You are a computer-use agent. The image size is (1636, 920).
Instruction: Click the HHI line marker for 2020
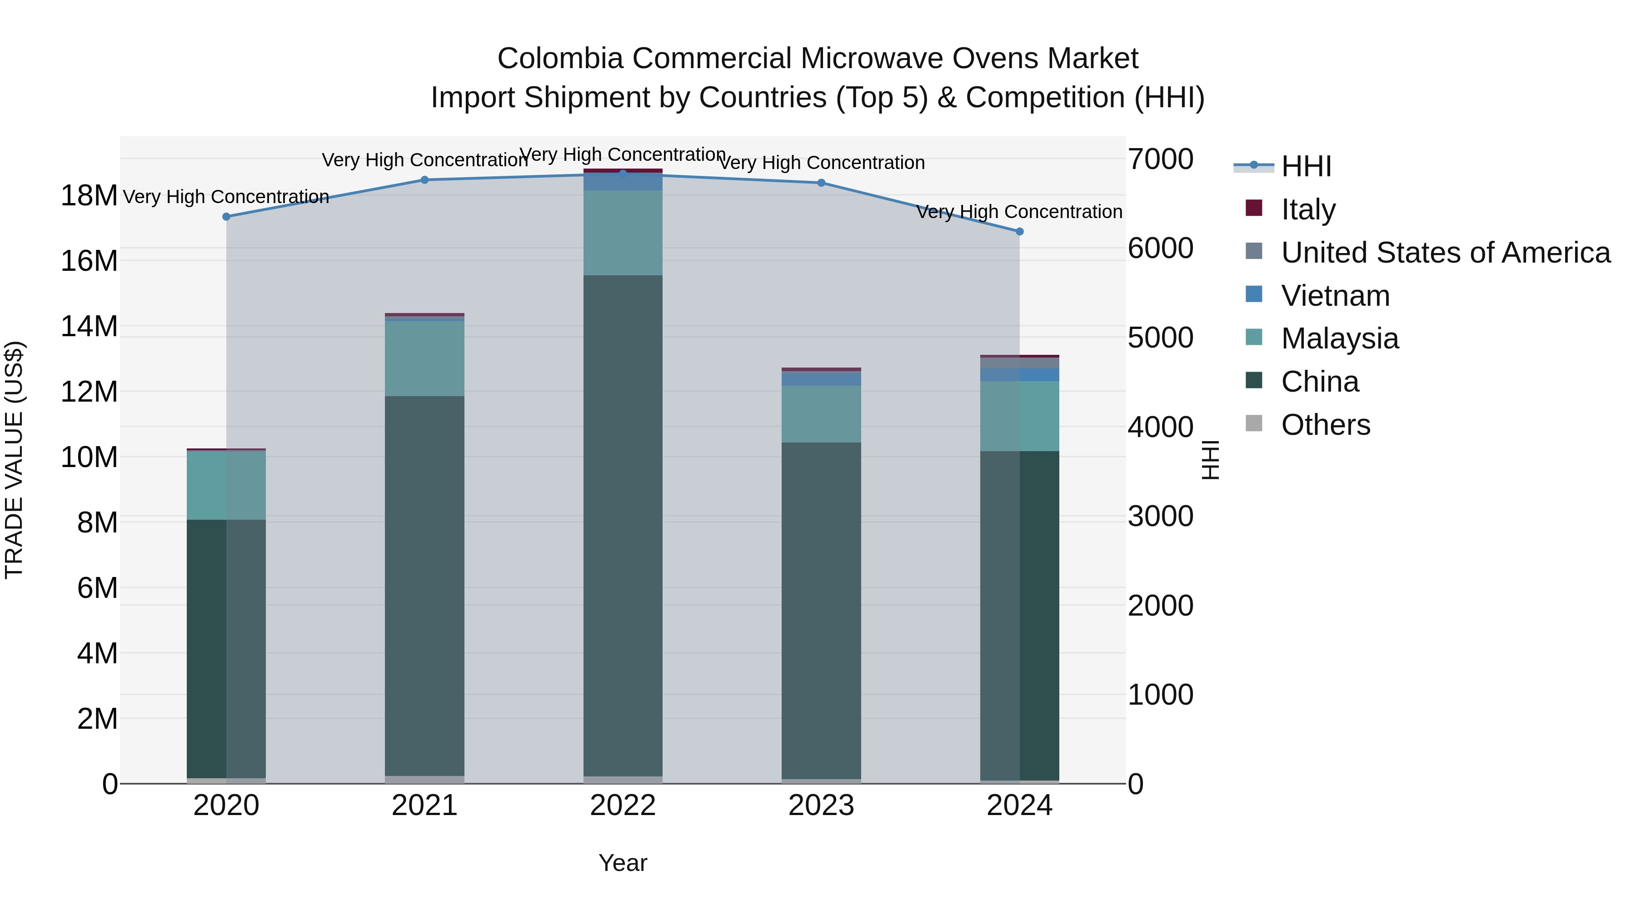226,217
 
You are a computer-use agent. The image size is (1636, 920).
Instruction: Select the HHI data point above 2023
821,183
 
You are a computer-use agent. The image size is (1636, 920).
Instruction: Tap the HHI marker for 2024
1019,232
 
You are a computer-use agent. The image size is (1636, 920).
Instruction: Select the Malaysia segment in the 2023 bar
821,414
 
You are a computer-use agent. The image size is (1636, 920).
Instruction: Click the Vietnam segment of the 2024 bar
1019,375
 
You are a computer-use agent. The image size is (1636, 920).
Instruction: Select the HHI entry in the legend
1306,166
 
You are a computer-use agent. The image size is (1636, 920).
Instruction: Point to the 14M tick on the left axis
89,326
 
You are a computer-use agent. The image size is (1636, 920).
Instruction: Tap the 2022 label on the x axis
623,806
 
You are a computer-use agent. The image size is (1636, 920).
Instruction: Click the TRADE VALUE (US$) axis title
14,460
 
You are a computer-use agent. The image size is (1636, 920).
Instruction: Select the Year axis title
623,863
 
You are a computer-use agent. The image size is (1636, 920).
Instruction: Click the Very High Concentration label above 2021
424,160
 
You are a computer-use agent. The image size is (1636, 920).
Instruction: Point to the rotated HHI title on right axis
1211,460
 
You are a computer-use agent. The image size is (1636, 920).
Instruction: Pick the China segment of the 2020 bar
226,647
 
